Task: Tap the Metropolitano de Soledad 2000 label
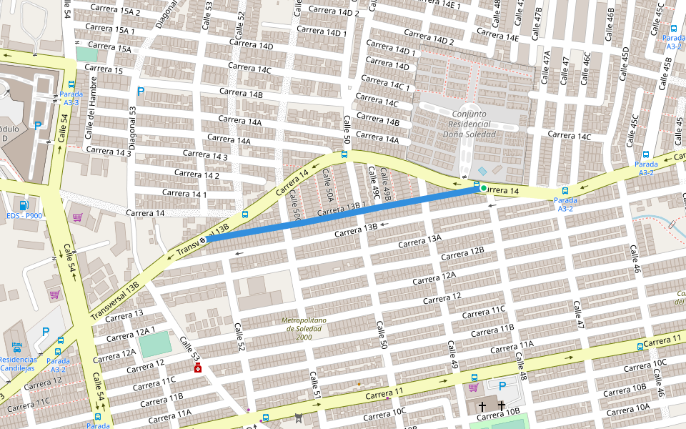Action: tap(304, 328)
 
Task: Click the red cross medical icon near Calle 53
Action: tap(197, 368)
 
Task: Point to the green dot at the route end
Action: tap(484, 188)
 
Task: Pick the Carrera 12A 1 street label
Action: tap(131, 331)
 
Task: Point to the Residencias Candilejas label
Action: tap(18, 363)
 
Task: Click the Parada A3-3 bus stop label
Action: tap(71, 98)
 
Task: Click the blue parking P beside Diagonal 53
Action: tap(140, 92)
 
